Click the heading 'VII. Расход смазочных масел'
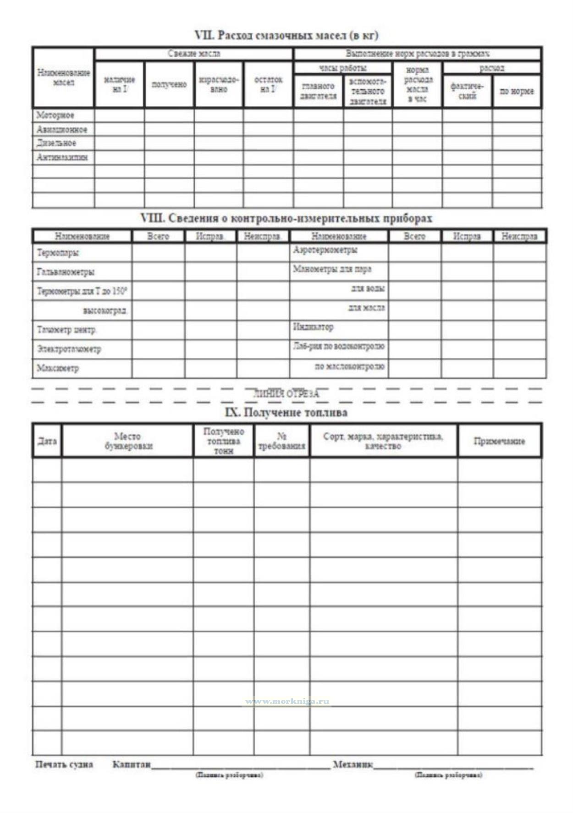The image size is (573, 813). (x=286, y=35)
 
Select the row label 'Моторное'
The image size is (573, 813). (x=55, y=115)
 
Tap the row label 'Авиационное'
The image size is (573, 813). (x=62, y=129)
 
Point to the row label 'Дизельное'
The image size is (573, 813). (x=56, y=143)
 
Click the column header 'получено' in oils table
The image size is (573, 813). (x=169, y=84)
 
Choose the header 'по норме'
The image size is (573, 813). (x=517, y=91)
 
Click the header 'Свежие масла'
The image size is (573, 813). (x=194, y=54)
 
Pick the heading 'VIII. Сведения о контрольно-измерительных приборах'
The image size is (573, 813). (x=286, y=218)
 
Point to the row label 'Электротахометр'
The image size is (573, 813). (x=69, y=349)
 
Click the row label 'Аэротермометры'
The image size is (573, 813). (x=325, y=250)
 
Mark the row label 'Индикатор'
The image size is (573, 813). (x=314, y=327)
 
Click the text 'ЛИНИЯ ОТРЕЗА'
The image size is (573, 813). (x=286, y=393)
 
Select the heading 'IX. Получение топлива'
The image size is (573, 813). (x=286, y=412)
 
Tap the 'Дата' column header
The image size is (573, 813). (x=47, y=441)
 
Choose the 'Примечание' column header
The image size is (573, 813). (x=499, y=441)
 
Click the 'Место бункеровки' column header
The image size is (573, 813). (x=127, y=441)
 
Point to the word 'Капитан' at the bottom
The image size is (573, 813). (x=132, y=764)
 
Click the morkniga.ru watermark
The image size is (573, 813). (x=287, y=701)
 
